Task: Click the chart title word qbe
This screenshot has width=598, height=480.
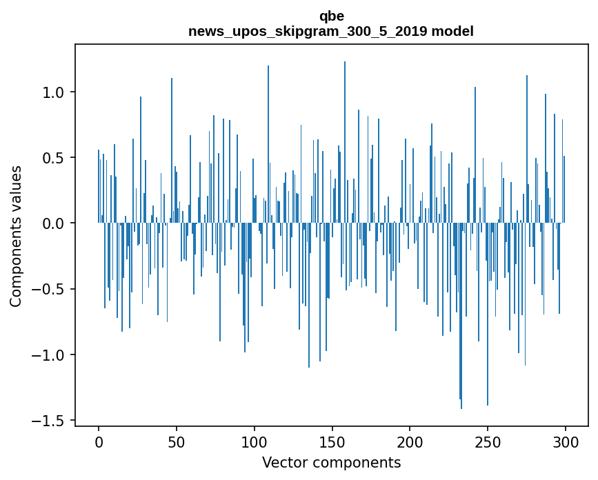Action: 331,16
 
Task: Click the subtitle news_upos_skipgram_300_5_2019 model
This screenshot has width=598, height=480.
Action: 331,31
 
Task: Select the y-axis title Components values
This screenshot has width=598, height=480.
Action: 16,236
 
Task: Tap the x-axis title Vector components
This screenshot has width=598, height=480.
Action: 331,462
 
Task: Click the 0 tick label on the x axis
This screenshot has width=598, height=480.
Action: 99,441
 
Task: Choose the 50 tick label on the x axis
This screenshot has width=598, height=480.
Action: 177,441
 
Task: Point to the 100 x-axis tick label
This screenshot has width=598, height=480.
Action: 255,441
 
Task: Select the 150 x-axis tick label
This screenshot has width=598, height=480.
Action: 332,441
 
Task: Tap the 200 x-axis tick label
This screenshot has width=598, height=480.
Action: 410,441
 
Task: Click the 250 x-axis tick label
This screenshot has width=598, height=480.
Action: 488,441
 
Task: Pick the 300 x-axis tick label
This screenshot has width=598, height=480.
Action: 566,441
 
